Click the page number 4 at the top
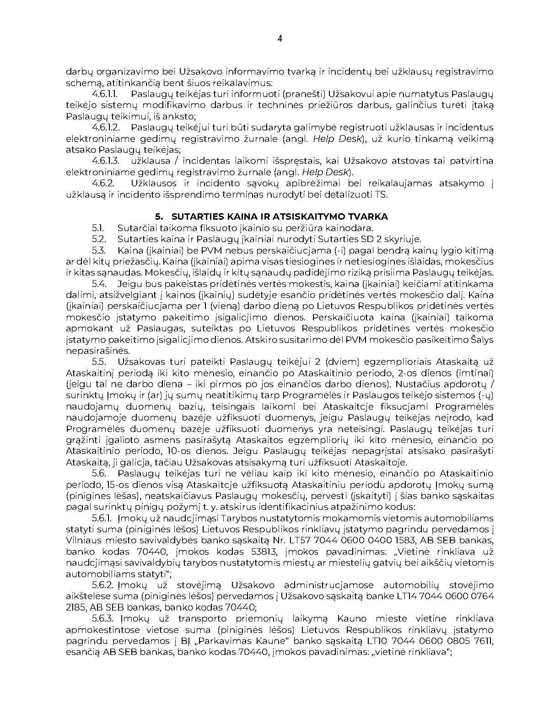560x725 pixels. pos(280,39)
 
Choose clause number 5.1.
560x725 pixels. pos(98,228)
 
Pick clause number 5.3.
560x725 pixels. pos(99,250)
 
